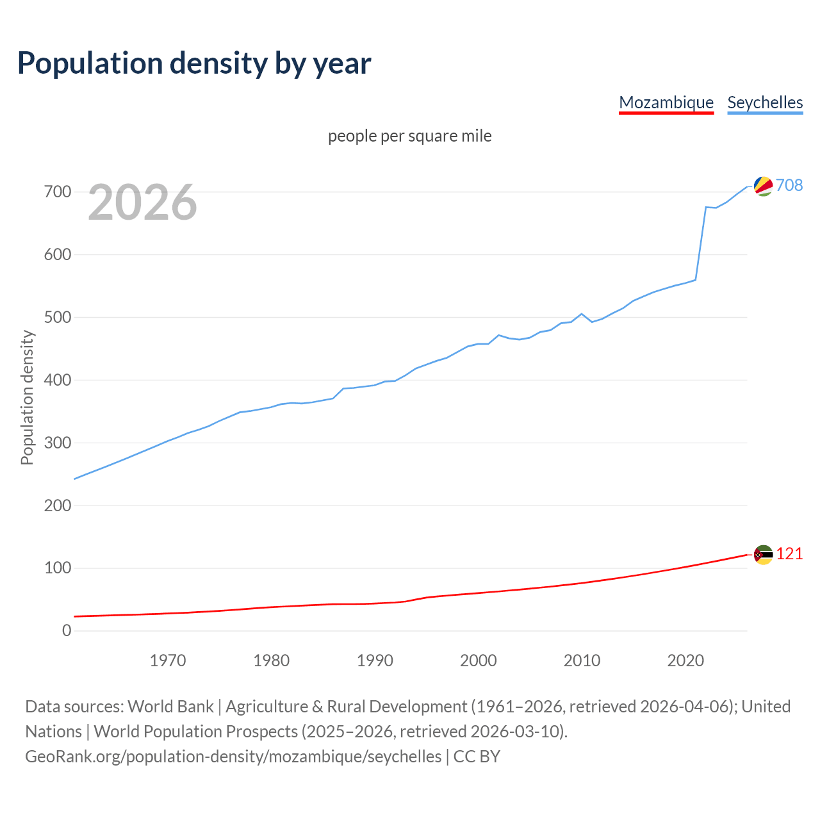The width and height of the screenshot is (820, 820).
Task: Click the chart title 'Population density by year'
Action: point(194,63)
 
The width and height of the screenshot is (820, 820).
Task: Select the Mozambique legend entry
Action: point(666,102)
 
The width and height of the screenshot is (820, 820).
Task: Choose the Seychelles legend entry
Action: point(765,102)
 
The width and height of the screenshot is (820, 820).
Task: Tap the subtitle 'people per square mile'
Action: point(409,136)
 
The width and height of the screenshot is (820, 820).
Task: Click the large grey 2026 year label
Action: point(142,202)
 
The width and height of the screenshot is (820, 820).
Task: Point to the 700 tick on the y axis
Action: point(58,192)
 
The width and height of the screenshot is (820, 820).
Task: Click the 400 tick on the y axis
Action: point(58,380)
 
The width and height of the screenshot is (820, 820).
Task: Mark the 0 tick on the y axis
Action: point(67,630)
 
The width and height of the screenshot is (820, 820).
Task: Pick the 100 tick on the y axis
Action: point(58,568)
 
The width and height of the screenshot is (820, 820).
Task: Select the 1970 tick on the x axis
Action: point(168,660)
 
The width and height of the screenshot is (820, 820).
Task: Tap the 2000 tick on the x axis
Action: point(479,660)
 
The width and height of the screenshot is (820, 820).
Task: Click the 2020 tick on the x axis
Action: point(685,660)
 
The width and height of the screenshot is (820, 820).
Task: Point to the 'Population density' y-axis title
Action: point(27,397)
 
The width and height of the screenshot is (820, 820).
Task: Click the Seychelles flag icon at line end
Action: point(763,186)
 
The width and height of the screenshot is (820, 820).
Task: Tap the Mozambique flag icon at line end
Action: point(763,555)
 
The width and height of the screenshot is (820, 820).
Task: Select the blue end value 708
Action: point(789,185)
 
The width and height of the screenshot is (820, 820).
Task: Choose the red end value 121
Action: point(789,554)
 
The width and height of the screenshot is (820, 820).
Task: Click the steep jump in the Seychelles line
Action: point(701,243)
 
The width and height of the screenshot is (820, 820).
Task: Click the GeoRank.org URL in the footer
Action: point(233,757)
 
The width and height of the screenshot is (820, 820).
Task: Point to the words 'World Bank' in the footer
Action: point(170,707)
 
